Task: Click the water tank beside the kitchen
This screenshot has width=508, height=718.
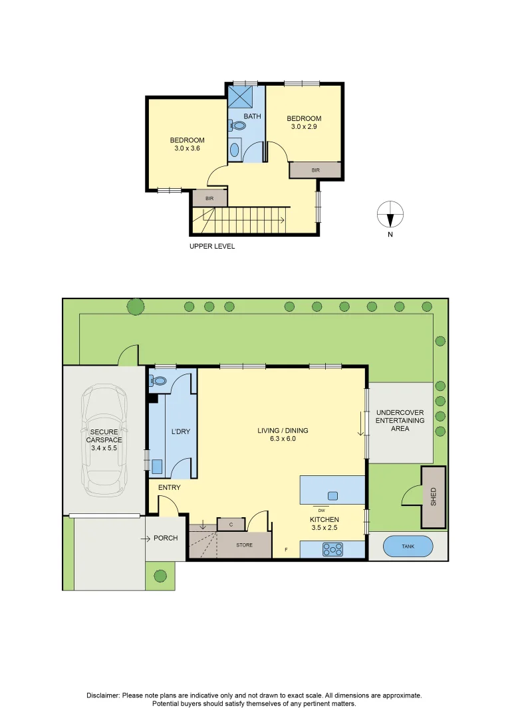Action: (x=408, y=546)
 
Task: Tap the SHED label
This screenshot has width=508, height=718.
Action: (x=434, y=497)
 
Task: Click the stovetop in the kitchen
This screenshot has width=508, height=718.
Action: (x=332, y=549)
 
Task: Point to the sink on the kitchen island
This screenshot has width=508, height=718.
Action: (x=332, y=495)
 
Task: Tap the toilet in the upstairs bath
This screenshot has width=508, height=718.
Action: (x=238, y=125)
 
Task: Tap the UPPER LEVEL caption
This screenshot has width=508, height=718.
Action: (x=212, y=246)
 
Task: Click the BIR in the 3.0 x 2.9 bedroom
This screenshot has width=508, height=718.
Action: (x=315, y=171)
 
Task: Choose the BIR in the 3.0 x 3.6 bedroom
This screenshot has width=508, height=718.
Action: (x=209, y=198)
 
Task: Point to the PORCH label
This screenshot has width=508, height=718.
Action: (x=166, y=538)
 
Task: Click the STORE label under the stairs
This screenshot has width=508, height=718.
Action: (x=245, y=545)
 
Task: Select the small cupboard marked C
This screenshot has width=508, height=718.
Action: (x=231, y=525)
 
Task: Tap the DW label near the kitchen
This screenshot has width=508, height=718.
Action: (x=320, y=511)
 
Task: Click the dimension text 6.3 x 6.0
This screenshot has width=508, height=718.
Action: (x=283, y=439)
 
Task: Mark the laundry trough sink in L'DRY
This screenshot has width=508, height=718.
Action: (x=157, y=467)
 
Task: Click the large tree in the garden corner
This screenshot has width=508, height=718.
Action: (x=136, y=306)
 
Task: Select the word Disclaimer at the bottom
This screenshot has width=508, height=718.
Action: (x=103, y=695)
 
